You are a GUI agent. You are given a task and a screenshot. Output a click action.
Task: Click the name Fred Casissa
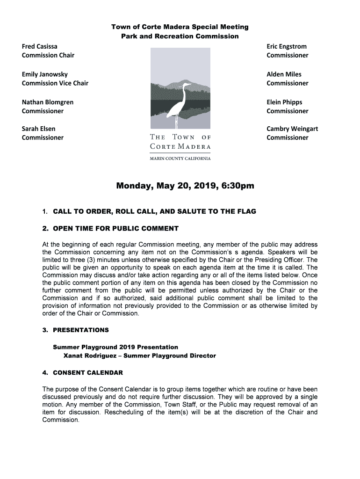point(40,46)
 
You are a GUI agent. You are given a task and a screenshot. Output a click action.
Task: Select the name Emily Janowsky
point(45,74)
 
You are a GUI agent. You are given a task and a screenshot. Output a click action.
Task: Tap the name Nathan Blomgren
point(48,102)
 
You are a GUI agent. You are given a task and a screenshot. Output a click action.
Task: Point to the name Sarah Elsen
point(39,129)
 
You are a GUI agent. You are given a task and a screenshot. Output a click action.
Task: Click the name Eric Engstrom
point(287,46)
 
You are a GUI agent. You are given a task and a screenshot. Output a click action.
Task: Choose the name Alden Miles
point(284,74)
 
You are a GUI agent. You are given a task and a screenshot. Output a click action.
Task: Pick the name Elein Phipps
point(284,102)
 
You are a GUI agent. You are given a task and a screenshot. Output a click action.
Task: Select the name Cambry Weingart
point(292,129)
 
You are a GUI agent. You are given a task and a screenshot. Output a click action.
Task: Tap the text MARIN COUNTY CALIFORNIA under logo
point(180,159)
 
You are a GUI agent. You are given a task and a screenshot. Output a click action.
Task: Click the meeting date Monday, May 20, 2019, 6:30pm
point(185,186)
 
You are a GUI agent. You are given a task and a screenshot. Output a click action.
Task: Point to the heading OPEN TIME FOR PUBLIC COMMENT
point(115,229)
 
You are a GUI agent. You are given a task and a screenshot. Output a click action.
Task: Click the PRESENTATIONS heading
point(80,330)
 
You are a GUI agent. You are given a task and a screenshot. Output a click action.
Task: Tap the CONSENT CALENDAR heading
point(88,373)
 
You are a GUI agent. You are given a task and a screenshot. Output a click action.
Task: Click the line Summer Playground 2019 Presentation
point(115,347)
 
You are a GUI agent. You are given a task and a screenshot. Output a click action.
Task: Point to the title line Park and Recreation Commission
point(180,36)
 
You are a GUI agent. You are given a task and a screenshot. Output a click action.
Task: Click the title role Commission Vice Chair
point(55,83)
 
